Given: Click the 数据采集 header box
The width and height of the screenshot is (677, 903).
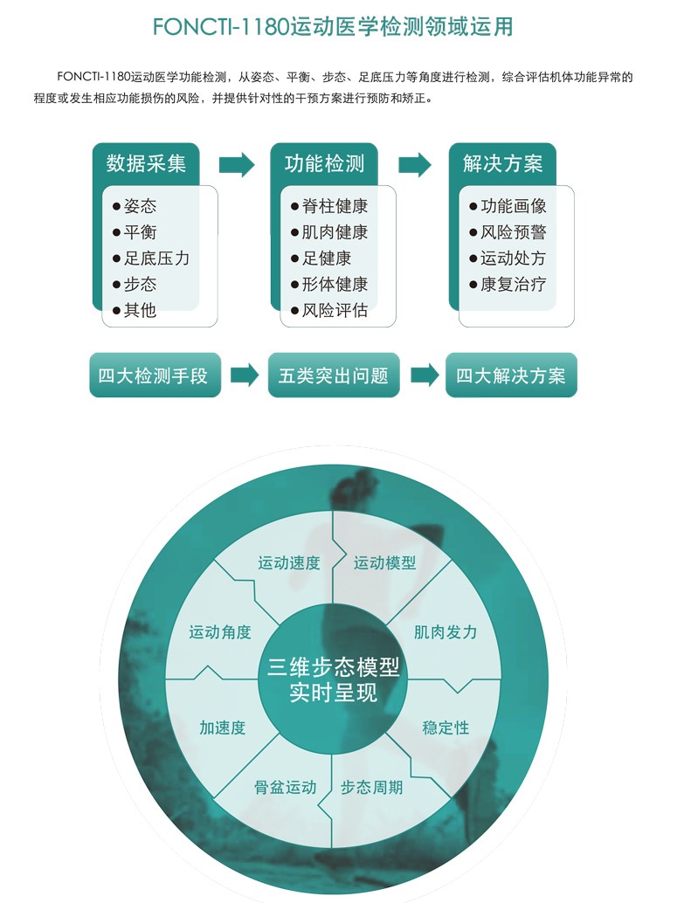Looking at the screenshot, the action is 146,164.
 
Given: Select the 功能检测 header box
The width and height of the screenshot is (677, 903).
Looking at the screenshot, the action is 324,164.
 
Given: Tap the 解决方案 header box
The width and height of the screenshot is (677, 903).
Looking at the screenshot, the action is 502,164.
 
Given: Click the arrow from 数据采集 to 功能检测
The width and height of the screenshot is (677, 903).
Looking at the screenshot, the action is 237,165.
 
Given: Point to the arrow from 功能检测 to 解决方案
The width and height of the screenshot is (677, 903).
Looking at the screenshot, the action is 415,165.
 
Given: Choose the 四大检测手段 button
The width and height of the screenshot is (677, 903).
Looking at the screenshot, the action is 155,376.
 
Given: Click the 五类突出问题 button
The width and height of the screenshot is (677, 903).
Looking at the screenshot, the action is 334,376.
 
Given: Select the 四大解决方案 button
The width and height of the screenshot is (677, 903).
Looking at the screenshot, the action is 511,376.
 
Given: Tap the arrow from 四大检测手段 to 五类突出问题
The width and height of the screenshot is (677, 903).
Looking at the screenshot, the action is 245,375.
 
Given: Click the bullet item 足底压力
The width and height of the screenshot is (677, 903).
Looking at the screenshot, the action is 151,258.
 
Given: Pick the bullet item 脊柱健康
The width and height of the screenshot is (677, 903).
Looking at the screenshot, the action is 329,205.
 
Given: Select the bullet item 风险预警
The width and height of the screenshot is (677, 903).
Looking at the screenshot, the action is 508,232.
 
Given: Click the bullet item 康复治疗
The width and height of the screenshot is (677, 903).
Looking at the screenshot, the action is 508,284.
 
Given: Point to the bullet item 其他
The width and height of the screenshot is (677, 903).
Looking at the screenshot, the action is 135,310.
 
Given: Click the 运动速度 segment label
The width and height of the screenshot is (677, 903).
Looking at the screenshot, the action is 288,562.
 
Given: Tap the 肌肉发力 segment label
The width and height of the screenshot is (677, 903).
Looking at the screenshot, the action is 446,632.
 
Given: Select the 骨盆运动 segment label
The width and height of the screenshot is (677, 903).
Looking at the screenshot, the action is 285,787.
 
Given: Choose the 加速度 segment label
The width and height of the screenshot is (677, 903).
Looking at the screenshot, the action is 223,728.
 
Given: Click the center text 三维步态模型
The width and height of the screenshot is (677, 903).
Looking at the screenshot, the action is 333,667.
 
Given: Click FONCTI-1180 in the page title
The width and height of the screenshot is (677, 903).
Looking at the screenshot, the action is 221,27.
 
